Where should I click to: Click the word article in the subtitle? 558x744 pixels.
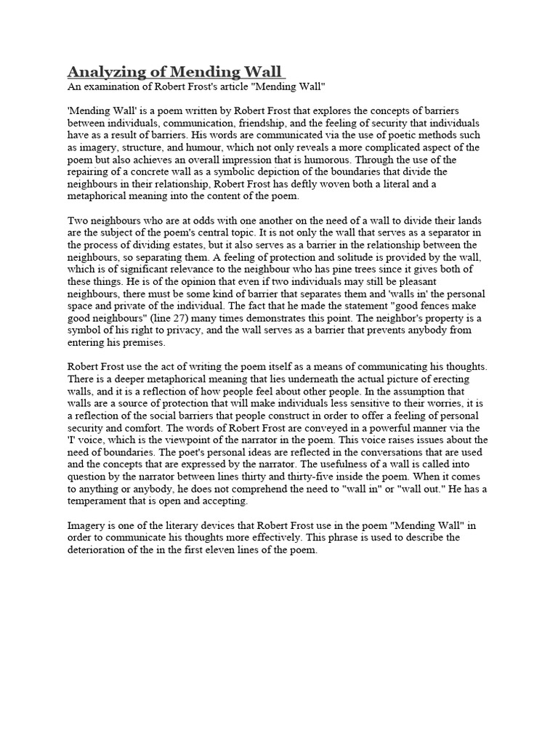238,86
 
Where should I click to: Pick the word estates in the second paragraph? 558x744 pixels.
184,245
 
